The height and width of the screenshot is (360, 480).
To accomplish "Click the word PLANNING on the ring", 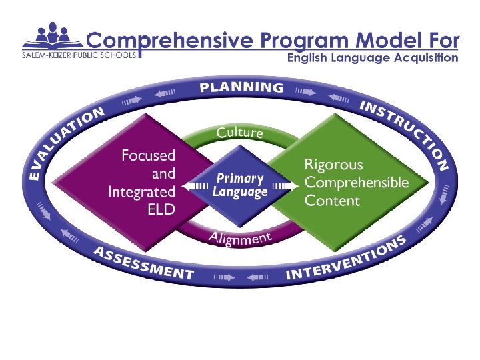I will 241,87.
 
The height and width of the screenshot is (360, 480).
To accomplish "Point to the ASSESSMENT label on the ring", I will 144,263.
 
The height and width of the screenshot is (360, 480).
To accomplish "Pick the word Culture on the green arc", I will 240,132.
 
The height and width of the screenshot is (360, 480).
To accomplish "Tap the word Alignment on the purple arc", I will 240,237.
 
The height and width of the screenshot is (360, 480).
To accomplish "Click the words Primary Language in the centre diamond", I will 240,185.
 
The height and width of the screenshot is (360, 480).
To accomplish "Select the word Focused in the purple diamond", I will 148,156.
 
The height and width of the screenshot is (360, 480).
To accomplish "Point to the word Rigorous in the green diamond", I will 333,164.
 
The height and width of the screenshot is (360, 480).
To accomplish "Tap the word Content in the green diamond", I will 331,200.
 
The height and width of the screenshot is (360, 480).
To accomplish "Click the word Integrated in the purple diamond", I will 142,192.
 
